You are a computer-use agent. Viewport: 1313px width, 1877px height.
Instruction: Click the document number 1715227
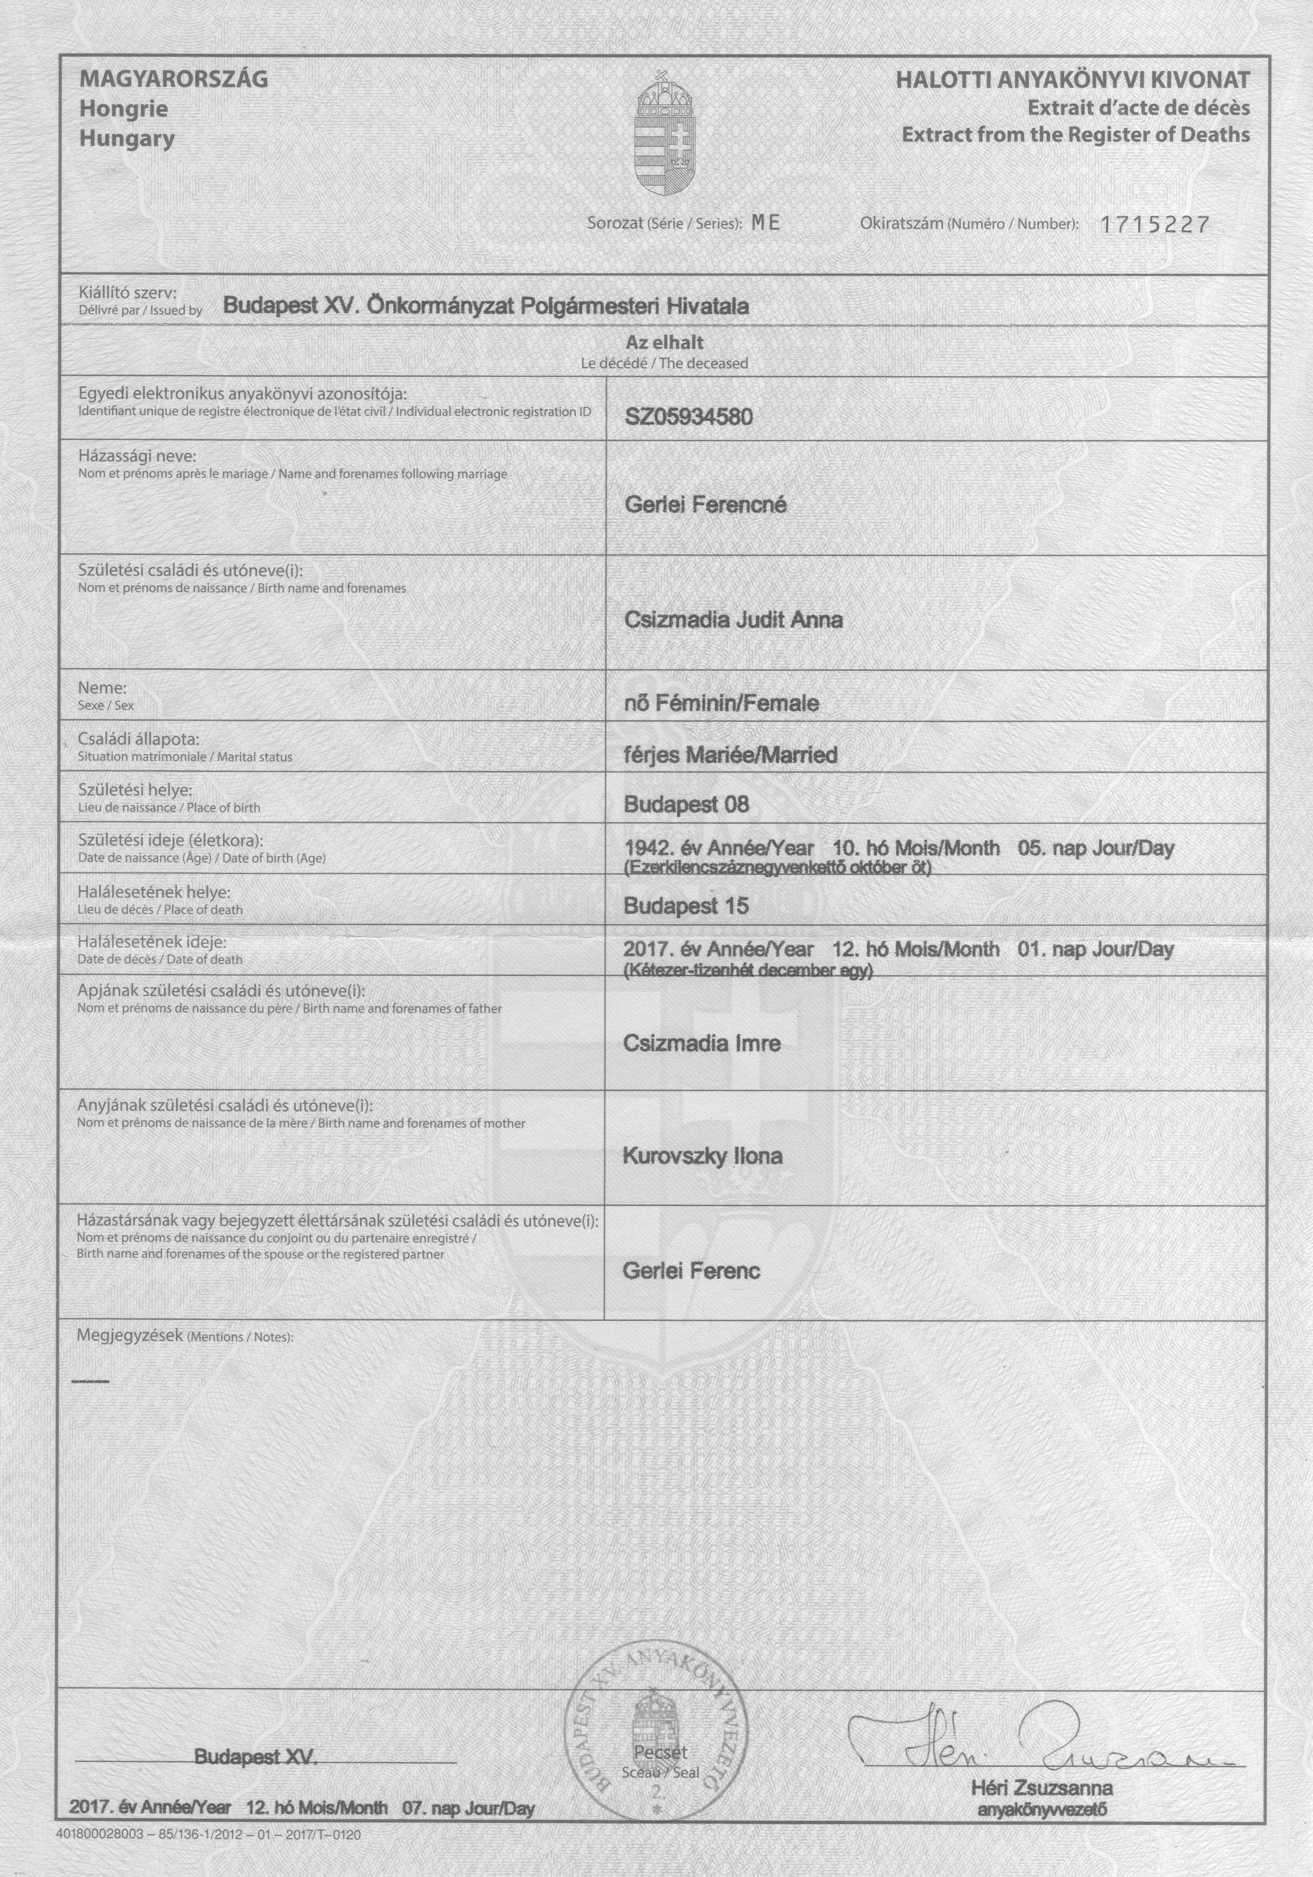[x=1154, y=225]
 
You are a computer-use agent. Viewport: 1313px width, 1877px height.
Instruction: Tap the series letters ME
[x=766, y=223]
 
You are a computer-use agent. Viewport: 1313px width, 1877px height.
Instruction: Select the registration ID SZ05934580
[x=688, y=417]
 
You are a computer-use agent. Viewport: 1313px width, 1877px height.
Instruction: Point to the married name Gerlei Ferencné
[x=705, y=505]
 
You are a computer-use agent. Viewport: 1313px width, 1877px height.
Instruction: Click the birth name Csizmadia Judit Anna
[x=733, y=620]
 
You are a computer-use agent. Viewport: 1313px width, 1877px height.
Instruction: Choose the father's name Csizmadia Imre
[x=702, y=1043]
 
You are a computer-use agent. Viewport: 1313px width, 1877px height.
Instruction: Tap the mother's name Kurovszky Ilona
[x=703, y=1156]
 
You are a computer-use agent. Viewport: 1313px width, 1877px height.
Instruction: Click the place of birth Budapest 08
[x=686, y=805]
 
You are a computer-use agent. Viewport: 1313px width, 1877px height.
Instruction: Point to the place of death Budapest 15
[x=686, y=906]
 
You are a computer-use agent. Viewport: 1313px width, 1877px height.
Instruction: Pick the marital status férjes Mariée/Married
[x=731, y=755]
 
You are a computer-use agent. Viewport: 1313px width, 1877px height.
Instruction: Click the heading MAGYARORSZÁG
[x=173, y=80]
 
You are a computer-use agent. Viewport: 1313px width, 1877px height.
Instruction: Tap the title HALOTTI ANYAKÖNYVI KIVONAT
[x=1073, y=80]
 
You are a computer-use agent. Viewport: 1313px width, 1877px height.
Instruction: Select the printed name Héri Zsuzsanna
[x=1042, y=1788]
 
